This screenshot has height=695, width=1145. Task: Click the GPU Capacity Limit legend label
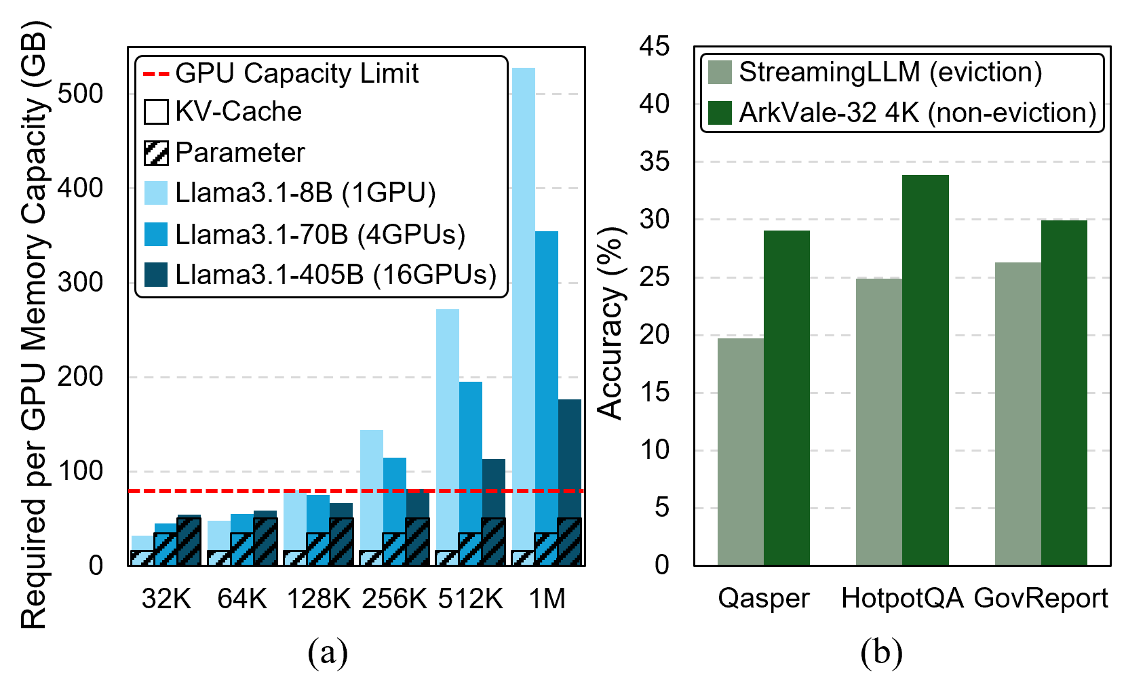click(x=296, y=73)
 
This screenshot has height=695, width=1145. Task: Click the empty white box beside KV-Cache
click(x=156, y=112)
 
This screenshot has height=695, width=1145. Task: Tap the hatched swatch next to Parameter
click(x=156, y=153)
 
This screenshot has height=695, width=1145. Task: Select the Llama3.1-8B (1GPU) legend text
click(x=305, y=193)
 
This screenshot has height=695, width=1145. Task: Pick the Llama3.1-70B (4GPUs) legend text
click(x=320, y=235)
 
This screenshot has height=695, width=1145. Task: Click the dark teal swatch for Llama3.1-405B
click(x=156, y=275)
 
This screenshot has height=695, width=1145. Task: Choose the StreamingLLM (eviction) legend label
click(x=890, y=72)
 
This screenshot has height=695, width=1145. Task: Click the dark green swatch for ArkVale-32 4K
click(x=720, y=113)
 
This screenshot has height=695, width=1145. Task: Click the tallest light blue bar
click(x=523, y=305)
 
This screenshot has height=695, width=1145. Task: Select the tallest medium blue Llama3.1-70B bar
click(x=546, y=380)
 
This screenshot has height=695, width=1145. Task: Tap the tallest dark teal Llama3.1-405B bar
click(x=569, y=461)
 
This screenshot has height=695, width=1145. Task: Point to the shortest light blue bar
click(x=142, y=543)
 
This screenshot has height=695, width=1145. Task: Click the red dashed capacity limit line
click(x=224, y=491)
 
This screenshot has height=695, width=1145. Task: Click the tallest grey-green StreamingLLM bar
click(x=1017, y=414)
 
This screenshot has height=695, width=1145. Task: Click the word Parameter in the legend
click(x=239, y=153)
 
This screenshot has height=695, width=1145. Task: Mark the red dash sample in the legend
click(x=156, y=74)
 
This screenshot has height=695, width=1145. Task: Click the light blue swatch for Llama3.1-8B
click(x=156, y=193)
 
